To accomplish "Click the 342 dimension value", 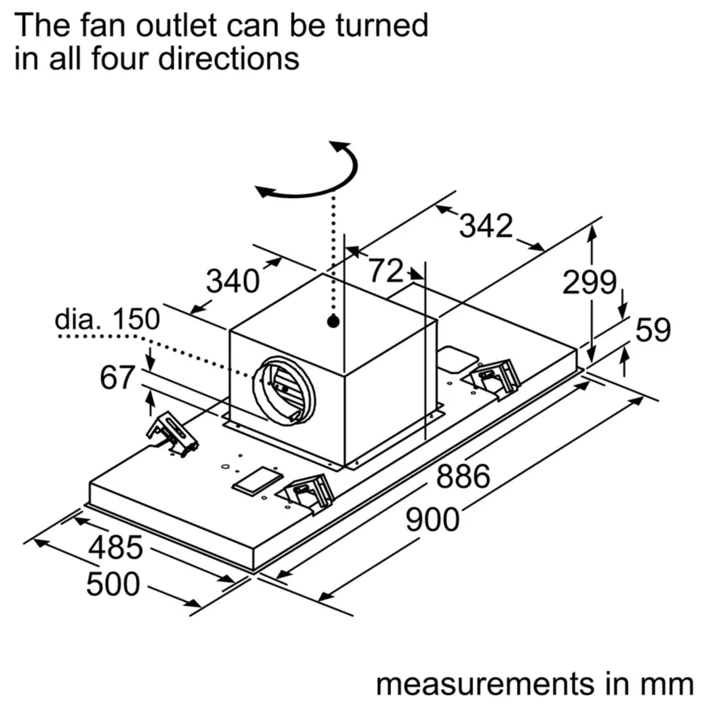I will [x=485, y=226].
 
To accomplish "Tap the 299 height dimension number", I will [x=589, y=283].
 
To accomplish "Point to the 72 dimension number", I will [x=385, y=270].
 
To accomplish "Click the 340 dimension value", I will [x=232, y=282].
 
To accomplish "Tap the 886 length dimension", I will [x=463, y=477].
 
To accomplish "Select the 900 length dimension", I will [x=432, y=520].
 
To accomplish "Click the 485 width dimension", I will [x=116, y=547].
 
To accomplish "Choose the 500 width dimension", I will [x=113, y=584].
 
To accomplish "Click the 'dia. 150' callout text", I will [x=107, y=319].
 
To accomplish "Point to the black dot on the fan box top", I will [x=333, y=322].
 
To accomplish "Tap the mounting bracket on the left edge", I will [x=171, y=433].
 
